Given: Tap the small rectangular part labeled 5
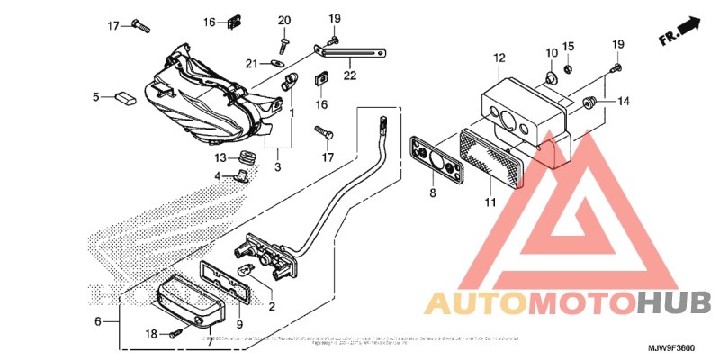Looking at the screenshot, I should tap(124, 95).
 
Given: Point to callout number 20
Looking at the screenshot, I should tap(284, 20).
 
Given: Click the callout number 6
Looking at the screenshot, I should tap(97, 320).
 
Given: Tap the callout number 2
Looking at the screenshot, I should tap(272, 307).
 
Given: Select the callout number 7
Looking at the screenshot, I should tap(210, 340).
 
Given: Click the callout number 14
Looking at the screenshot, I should tap(624, 103).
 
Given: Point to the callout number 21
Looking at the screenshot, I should tap(254, 63).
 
